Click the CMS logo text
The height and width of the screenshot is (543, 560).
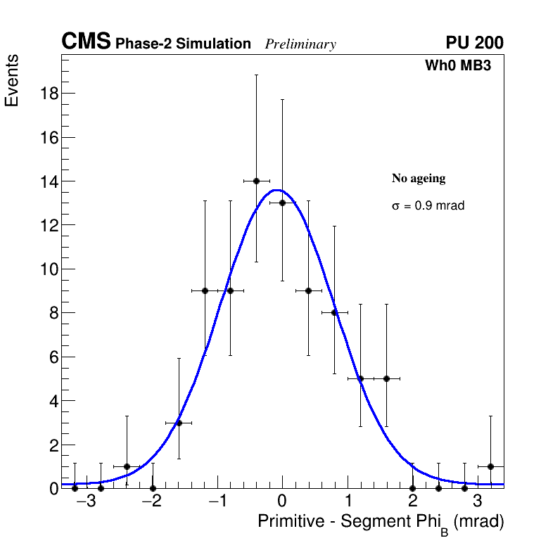tap(86, 42)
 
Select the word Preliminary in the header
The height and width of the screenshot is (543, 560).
tap(300, 44)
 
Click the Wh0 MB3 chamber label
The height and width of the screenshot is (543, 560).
tap(457, 66)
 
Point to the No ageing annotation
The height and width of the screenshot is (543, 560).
tap(419, 179)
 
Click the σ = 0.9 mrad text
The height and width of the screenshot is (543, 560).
tap(428, 206)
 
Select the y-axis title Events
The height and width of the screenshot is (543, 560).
tap(12, 80)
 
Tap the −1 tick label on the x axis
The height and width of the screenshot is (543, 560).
tap(216, 502)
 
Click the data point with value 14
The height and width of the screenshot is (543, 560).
tap(256, 181)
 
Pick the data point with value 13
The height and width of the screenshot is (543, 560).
tap(282, 203)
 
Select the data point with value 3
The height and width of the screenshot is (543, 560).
tap(179, 423)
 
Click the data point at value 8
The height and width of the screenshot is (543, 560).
tap(334, 312)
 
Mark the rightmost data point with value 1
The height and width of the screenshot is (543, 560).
tap(490, 466)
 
